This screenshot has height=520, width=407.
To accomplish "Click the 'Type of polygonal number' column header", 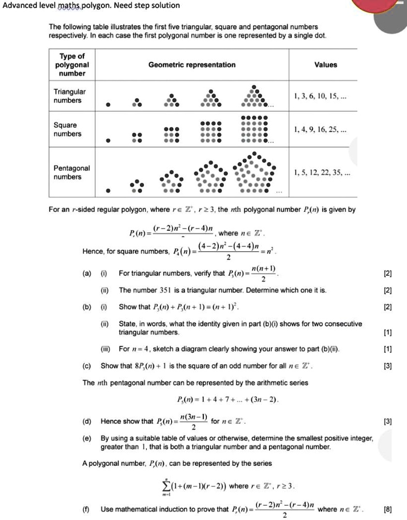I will tap(72, 65).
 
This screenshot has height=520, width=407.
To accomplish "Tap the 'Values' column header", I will tap(325, 65).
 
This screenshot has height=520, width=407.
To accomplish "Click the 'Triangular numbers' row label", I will tap(70, 96).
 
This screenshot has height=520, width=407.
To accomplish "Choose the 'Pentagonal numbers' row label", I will tap(71, 172).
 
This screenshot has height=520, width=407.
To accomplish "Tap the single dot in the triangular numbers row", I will tap(108, 105).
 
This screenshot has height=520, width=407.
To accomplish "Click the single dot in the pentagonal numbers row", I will tap(108, 191).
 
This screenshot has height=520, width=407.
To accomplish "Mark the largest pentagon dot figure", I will tap(252, 174).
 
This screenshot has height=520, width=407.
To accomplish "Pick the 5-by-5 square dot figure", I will tap(253, 127).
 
